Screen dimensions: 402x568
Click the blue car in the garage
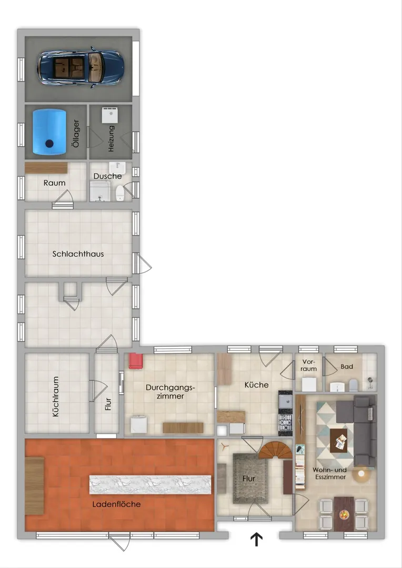(x=81, y=67)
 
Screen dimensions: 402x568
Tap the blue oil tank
(x=49, y=132)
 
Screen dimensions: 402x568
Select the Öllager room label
(x=76, y=133)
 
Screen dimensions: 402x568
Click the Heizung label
(x=111, y=138)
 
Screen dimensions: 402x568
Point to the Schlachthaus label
(x=78, y=254)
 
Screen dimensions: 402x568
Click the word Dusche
(x=108, y=176)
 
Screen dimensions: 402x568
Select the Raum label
(x=54, y=183)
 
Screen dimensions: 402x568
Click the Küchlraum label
(x=55, y=397)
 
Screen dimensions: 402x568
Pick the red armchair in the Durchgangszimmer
(x=136, y=361)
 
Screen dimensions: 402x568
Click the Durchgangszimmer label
(x=170, y=392)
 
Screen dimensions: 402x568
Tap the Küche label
(x=256, y=384)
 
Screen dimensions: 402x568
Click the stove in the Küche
(x=285, y=422)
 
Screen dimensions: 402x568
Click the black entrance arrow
(x=256, y=540)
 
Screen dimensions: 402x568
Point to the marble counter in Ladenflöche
(x=150, y=485)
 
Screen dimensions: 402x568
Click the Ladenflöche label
(x=116, y=504)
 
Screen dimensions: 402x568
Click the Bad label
(x=347, y=367)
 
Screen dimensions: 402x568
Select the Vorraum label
(x=308, y=365)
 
